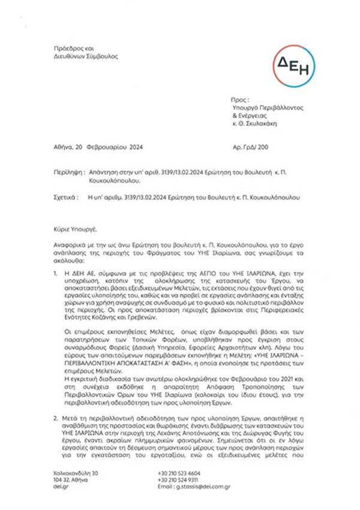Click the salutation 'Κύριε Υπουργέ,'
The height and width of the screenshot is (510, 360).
[x=70, y=229]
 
